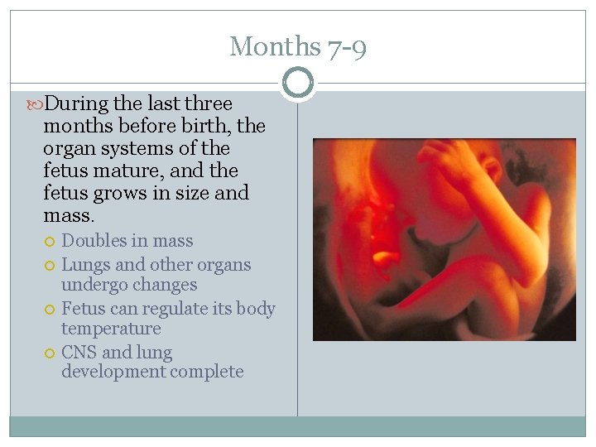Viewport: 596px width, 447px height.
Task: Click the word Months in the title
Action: (273, 46)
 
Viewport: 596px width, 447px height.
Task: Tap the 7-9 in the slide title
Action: (345, 46)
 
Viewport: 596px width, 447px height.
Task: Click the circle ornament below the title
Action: (297, 83)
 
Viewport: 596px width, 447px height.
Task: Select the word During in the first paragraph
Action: (79, 104)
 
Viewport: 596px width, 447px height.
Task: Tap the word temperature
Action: (111, 329)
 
